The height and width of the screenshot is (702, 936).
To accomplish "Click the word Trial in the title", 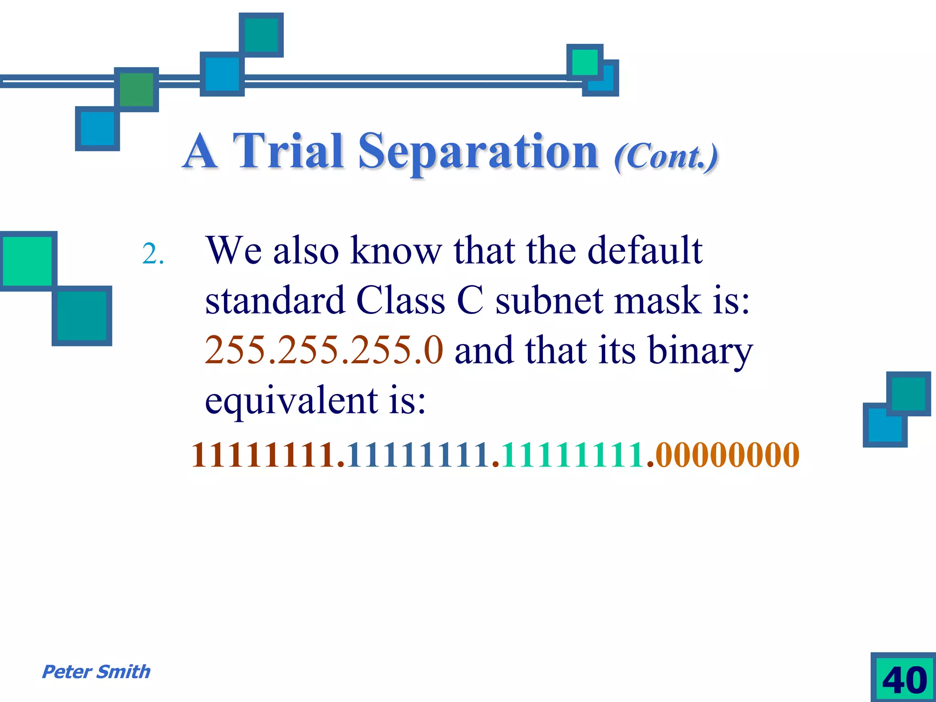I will click(x=288, y=151).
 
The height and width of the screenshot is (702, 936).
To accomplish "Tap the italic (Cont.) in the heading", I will click(x=666, y=157).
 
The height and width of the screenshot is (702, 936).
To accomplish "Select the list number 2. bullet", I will click(x=153, y=254).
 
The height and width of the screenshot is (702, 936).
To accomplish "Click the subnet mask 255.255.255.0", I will click(x=324, y=350).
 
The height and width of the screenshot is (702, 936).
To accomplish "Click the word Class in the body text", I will click(x=400, y=301).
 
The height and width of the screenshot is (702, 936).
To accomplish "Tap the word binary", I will click(x=700, y=351).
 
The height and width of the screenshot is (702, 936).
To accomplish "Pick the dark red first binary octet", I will click(x=264, y=455).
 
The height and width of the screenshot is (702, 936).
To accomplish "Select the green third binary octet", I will click(x=574, y=455).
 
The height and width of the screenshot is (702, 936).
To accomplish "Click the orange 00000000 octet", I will click(x=727, y=455).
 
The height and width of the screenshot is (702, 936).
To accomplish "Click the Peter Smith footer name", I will click(x=96, y=672).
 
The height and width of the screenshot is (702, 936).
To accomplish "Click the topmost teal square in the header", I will click(x=261, y=35).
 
